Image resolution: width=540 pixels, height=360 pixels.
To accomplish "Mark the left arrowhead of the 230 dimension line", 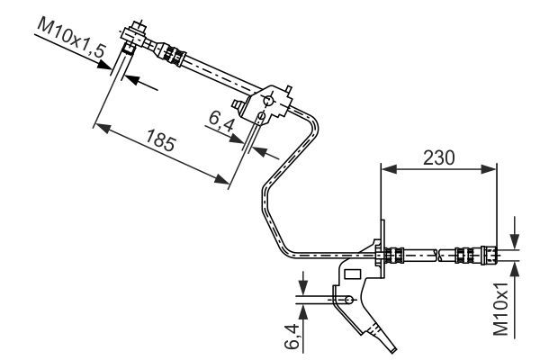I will (386, 167).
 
